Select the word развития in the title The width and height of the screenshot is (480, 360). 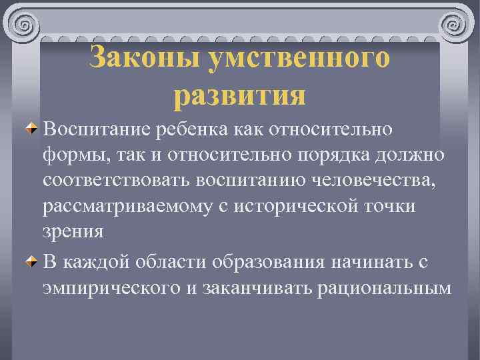239,95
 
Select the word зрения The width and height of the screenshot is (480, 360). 73,233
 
